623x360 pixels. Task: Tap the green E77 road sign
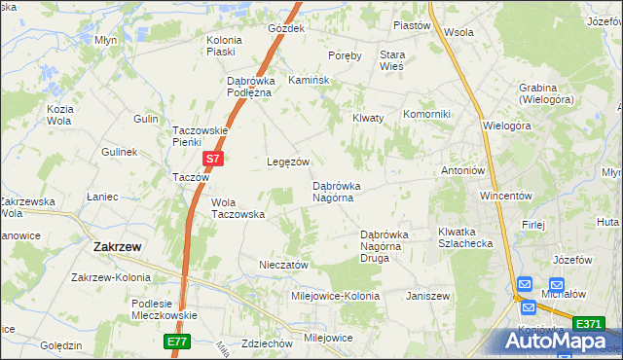(175, 342)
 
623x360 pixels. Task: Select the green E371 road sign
(587, 324)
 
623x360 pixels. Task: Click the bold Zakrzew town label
(116, 247)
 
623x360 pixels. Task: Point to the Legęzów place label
(288, 162)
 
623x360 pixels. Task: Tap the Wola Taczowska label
(238, 208)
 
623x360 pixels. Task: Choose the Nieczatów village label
(283, 265)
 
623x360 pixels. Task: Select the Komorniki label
(426, 114)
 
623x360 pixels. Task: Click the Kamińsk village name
(307, 81)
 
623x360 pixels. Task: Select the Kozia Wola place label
(59, 114)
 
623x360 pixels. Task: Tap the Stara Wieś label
(392, 61)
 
